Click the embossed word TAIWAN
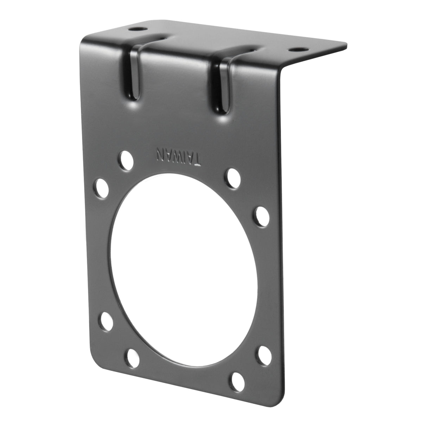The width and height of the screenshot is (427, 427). point(179,157)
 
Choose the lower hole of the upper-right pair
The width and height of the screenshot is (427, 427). point(261,213)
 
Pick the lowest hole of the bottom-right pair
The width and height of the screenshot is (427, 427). point(238,379)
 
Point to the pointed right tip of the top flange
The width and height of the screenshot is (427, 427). point(346,44)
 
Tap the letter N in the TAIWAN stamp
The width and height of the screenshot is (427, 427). point(160,153)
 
